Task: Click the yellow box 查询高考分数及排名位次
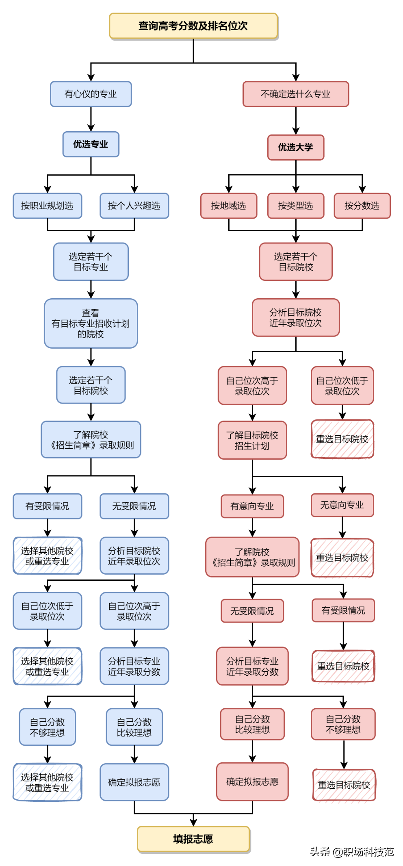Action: click(x=193, y=26)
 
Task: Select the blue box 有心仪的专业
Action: click(x=91, y=94)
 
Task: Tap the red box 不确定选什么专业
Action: click(x=296, y=94)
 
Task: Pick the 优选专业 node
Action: click(x=91, y=144)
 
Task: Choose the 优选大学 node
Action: click(x=296, y=148)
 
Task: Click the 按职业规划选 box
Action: click(x=48, y=206)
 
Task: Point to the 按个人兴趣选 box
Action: click(x=134, y=206)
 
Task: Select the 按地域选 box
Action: click(x=229, y=206)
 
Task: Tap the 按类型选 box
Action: click(x=296, y=206)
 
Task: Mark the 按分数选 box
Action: click(x=362, y=206)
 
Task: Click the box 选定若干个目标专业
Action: click(x=91, y=262)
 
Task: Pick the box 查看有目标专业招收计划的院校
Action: click(x=91, y=324)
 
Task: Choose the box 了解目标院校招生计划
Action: click(x=252, y=441)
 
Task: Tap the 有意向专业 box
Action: click(x=252, y=506)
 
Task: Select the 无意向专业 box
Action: click(x=342, y=505)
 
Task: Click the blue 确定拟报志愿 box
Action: click(x=134, y=782)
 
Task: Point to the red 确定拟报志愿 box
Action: click(x=252, y=782)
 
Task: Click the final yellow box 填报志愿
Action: click(x=193, y=839)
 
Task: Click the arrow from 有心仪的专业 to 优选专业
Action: click(x=91, y=119)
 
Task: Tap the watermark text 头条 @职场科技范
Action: click(x=352, y=852)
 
